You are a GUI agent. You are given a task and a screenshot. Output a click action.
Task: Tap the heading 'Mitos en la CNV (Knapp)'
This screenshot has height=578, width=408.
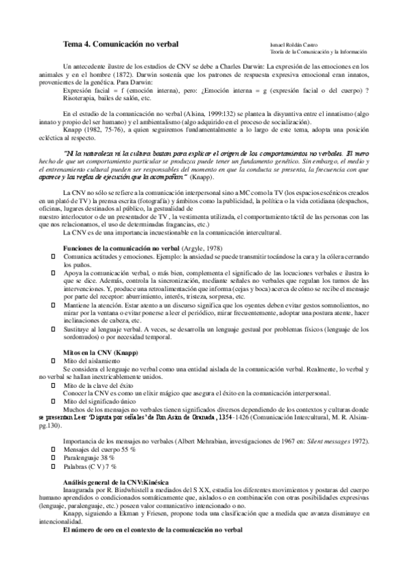pos(100,352)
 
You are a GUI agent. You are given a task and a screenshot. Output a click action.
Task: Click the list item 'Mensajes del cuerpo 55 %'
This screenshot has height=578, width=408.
pos(99,451)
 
